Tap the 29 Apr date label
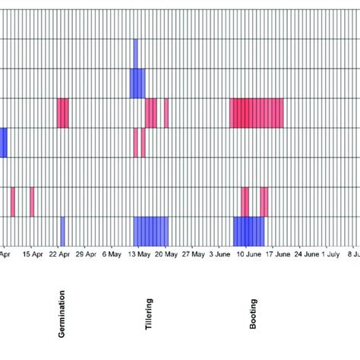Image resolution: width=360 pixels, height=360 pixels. tap(86, 255)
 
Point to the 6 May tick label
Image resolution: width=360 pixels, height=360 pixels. tap(112, 255)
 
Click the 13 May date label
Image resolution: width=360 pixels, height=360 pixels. tap(137, 255)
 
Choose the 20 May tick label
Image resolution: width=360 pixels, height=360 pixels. tap(166, 255)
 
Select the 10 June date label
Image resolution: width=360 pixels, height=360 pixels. tap(246, 255)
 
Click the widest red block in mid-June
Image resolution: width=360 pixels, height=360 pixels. tap(257, 113)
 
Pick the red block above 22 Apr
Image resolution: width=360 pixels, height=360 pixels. tap(63, 113)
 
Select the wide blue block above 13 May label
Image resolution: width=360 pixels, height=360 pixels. tap(151, 229)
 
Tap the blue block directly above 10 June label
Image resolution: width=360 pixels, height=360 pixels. tap(248, 229)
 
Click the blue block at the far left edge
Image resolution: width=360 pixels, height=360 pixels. tap(3, 142)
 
